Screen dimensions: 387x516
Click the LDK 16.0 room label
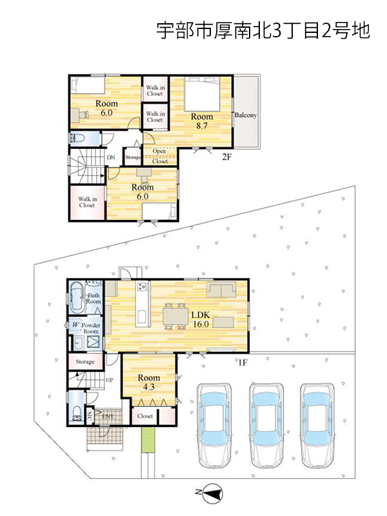point(201,319)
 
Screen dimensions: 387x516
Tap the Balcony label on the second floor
point(246,115)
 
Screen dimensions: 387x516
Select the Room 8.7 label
point(202,121)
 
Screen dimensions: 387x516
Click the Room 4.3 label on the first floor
point(149,382)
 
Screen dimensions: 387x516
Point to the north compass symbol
point(212,493)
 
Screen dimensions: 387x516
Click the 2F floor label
point(226,157)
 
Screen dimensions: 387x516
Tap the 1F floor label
point(243,362)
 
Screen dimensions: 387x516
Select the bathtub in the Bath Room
point(77,297)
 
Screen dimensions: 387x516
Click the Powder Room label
point(91,328)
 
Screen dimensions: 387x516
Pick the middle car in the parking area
point(266,425)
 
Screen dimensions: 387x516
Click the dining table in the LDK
point(175,316)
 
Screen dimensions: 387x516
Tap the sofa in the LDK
point(221,290)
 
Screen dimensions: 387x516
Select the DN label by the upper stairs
point(111,157)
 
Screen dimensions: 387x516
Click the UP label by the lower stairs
point(110,380)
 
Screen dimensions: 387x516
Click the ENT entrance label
point(108,416)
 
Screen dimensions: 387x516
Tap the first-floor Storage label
point(85,362)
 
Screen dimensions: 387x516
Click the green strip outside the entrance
point(148,440)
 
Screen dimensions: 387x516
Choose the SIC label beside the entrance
point(89,417)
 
